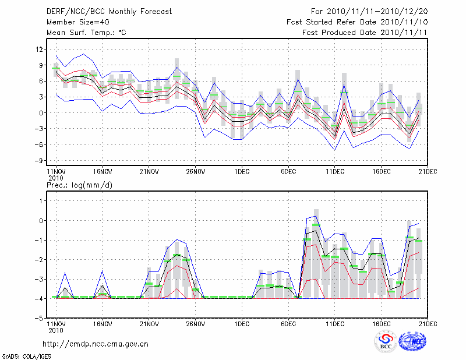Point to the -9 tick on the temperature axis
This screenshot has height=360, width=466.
tap(40, 160)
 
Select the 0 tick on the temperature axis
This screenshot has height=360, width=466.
tap(41, 112)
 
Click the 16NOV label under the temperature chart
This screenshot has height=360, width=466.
tap(102, 171)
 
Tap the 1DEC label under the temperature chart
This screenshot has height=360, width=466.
tap(242, 171)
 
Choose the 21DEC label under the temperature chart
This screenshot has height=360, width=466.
tap(428, 171)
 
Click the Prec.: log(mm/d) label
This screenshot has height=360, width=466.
tap(79, 185)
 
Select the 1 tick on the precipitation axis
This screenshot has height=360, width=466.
tap(41, 200)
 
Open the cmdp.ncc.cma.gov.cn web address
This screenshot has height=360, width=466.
tap(96, 344)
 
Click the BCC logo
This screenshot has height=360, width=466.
tap(386, 342)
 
